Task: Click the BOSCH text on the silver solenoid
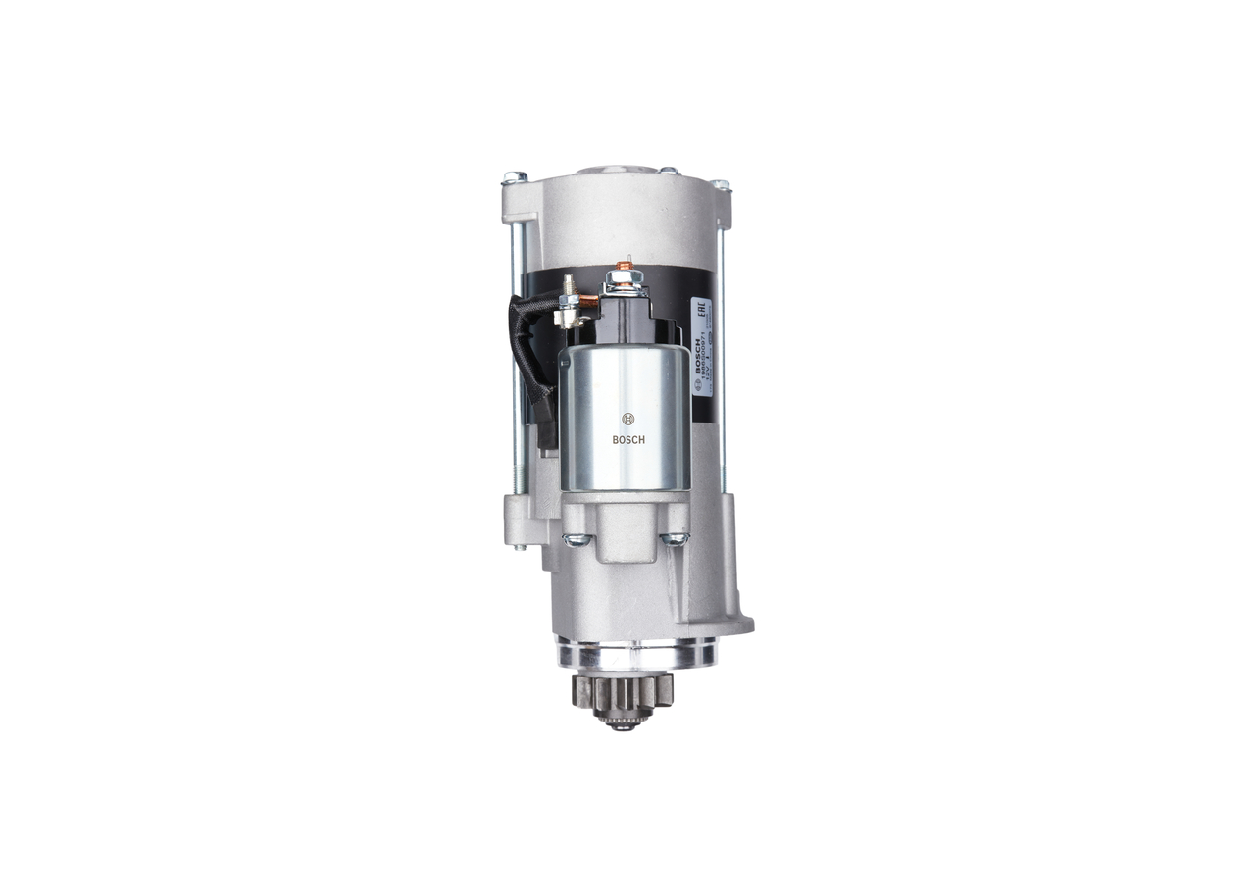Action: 628,439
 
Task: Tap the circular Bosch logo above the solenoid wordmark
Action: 628,419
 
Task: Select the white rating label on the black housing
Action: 702,347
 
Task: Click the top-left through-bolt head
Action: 514,177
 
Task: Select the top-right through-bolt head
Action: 721,183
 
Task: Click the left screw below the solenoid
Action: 576,538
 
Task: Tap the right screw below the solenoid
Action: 675,538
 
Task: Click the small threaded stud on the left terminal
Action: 567,286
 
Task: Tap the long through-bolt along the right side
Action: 724,373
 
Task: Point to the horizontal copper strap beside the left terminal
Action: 587,302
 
